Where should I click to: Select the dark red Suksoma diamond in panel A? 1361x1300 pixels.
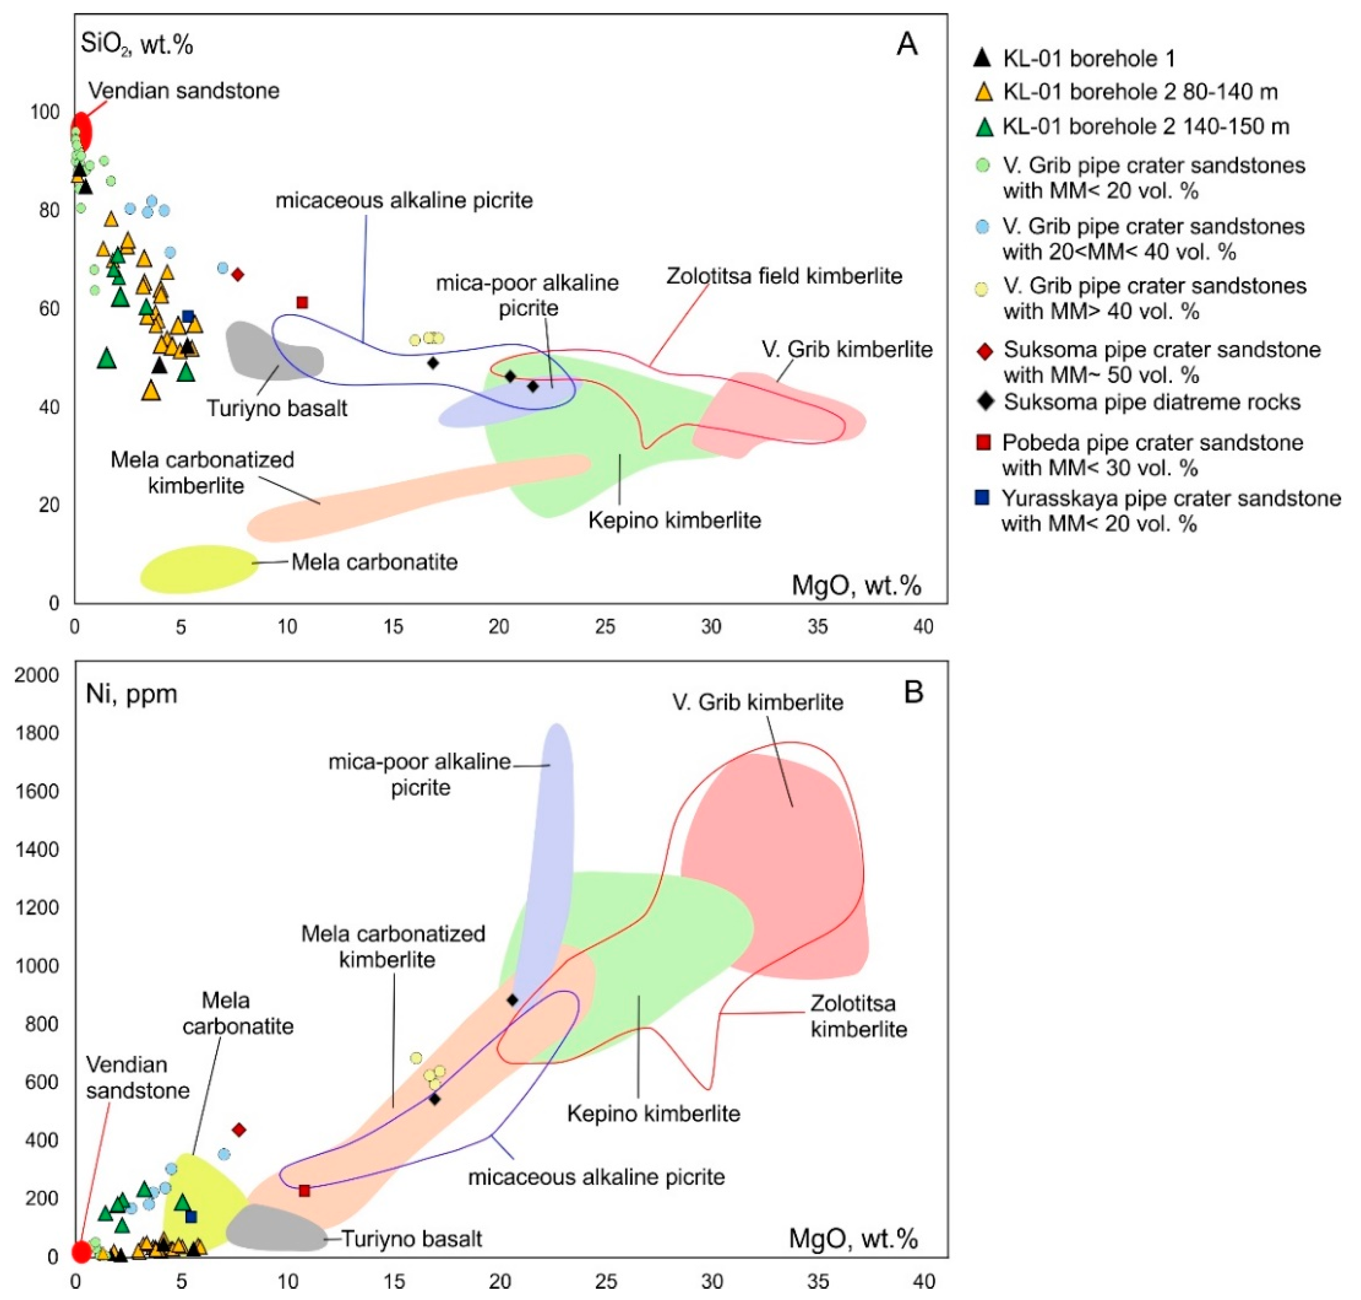[x=238, y=274]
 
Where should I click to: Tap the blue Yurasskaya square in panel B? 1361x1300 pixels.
[x=191, y=1216]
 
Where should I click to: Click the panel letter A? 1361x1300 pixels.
[x=907, y=44]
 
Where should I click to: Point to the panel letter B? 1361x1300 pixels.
[x=913, y=692]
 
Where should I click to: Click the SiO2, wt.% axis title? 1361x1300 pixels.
[x=136, y=44]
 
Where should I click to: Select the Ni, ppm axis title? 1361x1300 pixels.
[x=131, y=693]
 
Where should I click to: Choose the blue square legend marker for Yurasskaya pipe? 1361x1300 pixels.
[x=982, y=498]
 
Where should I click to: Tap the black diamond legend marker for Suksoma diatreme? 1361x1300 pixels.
[x=984, y=401]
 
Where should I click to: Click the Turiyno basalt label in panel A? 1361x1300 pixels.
[x=277, y=408]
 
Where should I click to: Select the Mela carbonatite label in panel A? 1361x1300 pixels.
[x=374, y=562]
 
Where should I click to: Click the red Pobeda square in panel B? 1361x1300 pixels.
[x=304, y=1191]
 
